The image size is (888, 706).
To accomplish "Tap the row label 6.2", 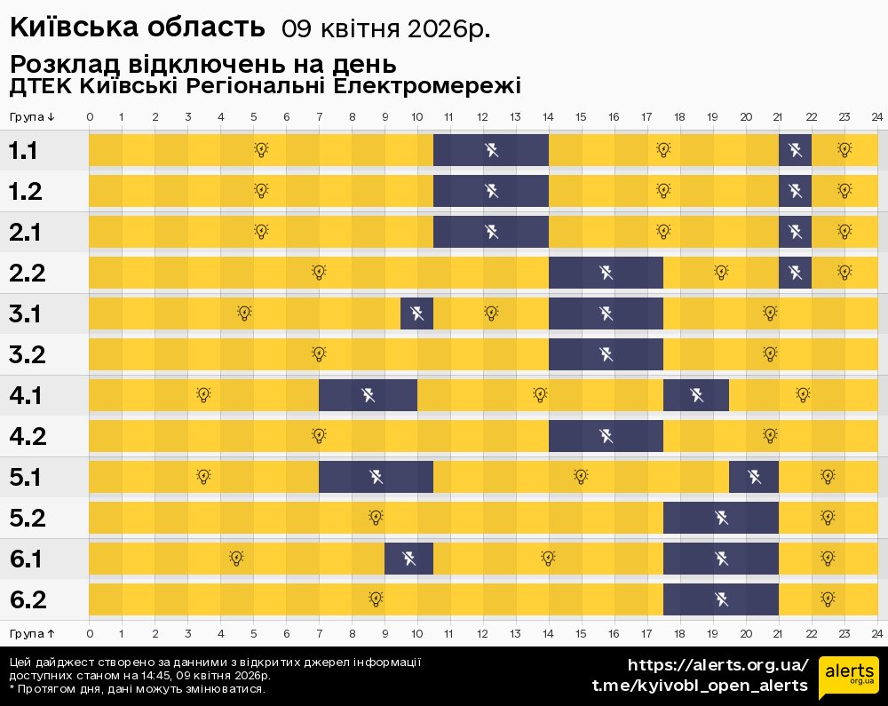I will (x=28, y=599).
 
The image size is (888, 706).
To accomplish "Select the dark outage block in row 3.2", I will (x=606, y=354).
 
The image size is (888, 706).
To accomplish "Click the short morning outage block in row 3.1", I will (x=416, y=313).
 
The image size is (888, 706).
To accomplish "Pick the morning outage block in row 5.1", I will (x=376, y=477).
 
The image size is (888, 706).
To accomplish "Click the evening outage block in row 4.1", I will (x=695, y=394).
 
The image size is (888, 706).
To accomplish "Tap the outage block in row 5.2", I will (x=720, y=518).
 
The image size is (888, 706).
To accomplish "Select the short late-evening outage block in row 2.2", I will (x=795, y=272).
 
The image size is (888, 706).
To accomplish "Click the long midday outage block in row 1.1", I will (x=491, y=149).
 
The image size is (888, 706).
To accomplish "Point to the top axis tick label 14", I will (x=549, y=117).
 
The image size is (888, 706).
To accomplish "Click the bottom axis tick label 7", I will (x=319, y=633).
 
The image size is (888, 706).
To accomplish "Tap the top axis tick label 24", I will (x=876, y=117).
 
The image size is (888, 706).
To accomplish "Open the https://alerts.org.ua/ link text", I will (x=718, y=665).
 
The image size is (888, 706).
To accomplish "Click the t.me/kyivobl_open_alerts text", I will (x=700, y=685).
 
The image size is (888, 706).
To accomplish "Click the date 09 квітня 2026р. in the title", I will (x=385, y=28).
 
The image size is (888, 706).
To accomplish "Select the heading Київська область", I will (x=138, y=27).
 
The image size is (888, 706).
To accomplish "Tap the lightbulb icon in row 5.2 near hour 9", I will (x=376, y=517).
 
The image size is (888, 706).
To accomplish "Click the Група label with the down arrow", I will (x=33, y=117).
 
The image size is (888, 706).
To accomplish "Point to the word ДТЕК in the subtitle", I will (x=40, y=86).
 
